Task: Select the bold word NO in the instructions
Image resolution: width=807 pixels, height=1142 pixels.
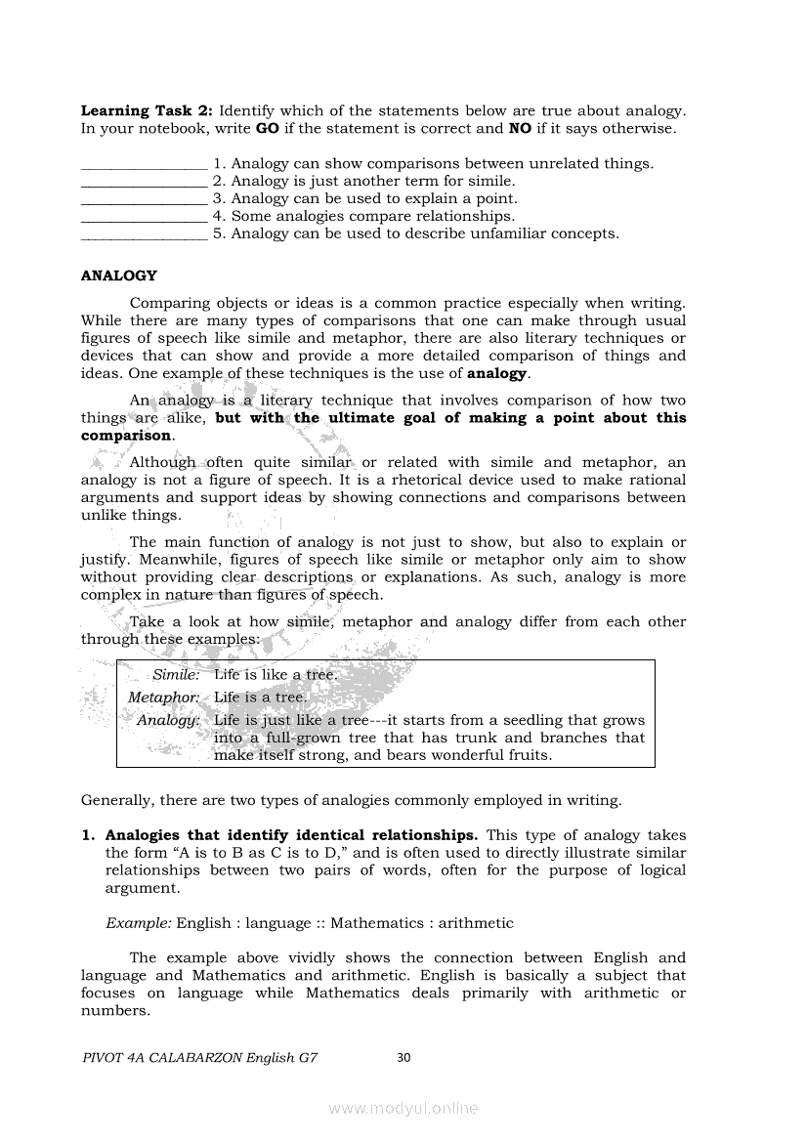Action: [x=520, y=129]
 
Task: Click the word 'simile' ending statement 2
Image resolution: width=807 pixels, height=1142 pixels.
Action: [x=491, y=182]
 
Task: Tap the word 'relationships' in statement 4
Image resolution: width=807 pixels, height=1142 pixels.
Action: [x=466, y=217]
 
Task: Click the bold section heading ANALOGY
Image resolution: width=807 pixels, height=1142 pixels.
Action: [x=118, y=276]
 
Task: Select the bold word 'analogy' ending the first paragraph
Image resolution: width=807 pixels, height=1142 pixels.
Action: [x=497, y=374]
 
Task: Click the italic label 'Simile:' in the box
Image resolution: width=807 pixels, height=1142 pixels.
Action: [x=176, y=675]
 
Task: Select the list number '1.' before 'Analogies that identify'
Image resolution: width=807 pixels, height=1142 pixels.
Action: [x=88, y=835]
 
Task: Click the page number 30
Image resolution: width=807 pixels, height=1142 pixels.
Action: [x=405, y=1056]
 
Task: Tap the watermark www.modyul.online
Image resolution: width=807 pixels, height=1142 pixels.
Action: [x=403, y=1109]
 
